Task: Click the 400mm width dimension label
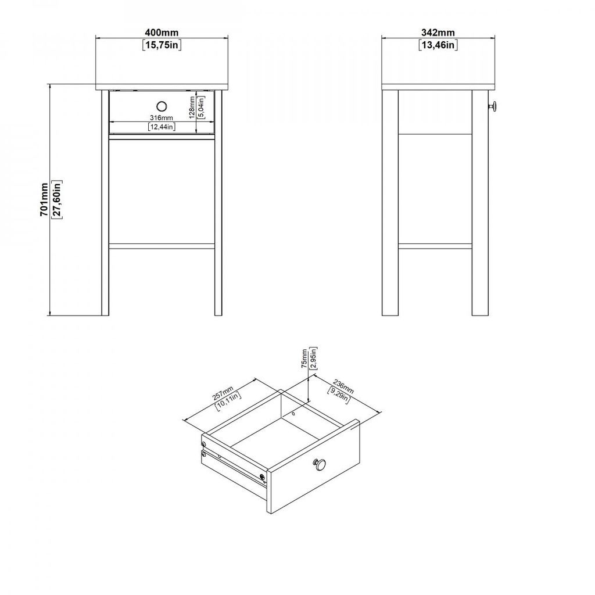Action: (162, 33)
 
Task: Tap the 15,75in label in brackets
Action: (162, 45)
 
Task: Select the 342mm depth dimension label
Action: (438, 33)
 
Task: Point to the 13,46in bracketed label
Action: (438, 45)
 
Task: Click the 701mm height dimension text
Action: (44, 200)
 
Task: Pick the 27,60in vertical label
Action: (57, 200)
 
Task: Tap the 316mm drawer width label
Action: (162, 118)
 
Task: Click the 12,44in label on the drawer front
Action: (162, 127)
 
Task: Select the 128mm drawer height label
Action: (192, 107)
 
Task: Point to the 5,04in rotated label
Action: (201, 107)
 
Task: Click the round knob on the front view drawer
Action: (162, 106)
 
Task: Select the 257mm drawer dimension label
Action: (223, 393)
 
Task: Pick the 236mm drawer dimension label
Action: (343, 386)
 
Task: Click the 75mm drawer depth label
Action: (304, 359)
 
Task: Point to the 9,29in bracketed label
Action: (339, 395)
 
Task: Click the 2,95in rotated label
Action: (313, 358)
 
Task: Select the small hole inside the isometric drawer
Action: (293, 413)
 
